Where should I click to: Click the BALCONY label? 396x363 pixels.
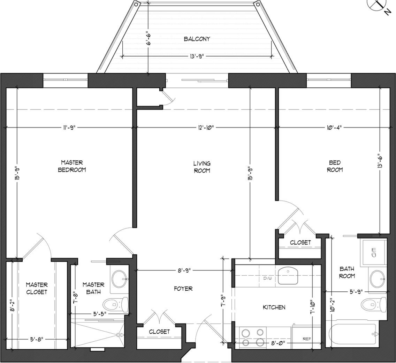pos(197,39)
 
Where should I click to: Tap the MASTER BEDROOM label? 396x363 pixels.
pos(72,166)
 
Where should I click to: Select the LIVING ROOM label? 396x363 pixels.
pos(202,167)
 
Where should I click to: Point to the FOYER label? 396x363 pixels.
pos(183,289)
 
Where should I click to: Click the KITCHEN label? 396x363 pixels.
pos(274,307)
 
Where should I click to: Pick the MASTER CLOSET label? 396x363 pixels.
pos(37,288)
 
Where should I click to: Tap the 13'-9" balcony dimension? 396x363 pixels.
pos(197,56)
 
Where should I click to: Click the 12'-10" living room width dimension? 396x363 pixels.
pos(206,127)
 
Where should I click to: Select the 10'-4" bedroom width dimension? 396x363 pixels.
pos(334,127)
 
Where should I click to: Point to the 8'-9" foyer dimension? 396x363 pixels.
pos(184,270)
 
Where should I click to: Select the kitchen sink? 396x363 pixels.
pos(288,276)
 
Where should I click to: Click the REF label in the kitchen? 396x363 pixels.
pos(307,339)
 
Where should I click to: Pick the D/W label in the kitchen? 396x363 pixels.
pos(267,278)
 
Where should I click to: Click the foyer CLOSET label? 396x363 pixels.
pos(159,332)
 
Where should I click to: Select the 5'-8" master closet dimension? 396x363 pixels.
pos(37,339)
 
